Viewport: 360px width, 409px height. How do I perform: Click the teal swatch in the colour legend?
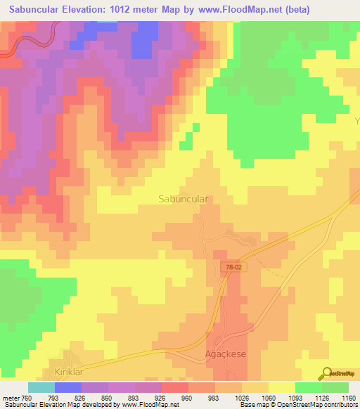41,387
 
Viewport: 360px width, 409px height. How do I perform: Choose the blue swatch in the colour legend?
68,387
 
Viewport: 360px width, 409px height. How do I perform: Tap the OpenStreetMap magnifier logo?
326,373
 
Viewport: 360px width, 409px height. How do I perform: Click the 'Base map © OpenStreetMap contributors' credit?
298,405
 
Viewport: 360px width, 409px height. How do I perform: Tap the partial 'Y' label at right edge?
356,121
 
